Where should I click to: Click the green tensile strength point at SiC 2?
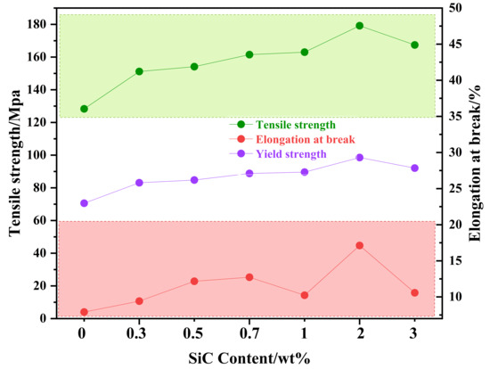(359, 26)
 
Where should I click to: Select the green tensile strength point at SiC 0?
(84, 109)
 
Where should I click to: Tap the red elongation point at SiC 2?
(359, 245)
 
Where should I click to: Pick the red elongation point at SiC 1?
(305, 295)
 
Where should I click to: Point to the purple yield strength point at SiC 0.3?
(139, 183)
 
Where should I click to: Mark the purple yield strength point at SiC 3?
(414, 168)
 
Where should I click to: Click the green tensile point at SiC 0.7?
(249, 54)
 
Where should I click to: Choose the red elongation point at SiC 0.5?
(194, 281)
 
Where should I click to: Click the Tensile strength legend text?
(296, 125)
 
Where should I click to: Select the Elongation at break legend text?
(306, 139)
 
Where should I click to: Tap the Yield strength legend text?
(291, 154)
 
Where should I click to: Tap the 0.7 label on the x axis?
(249, 334)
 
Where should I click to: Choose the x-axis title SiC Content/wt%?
(249, 358)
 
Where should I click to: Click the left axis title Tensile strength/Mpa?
(14, 163)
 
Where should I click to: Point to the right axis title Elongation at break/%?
(475, 163)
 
